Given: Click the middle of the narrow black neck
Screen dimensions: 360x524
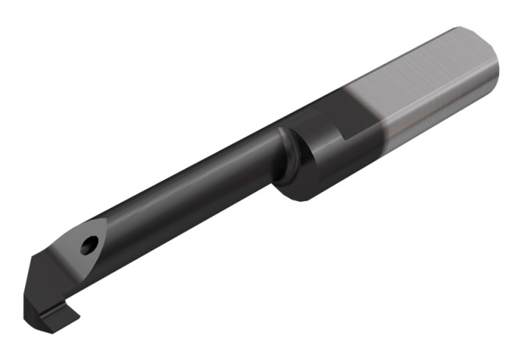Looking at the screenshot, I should point(196,188).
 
